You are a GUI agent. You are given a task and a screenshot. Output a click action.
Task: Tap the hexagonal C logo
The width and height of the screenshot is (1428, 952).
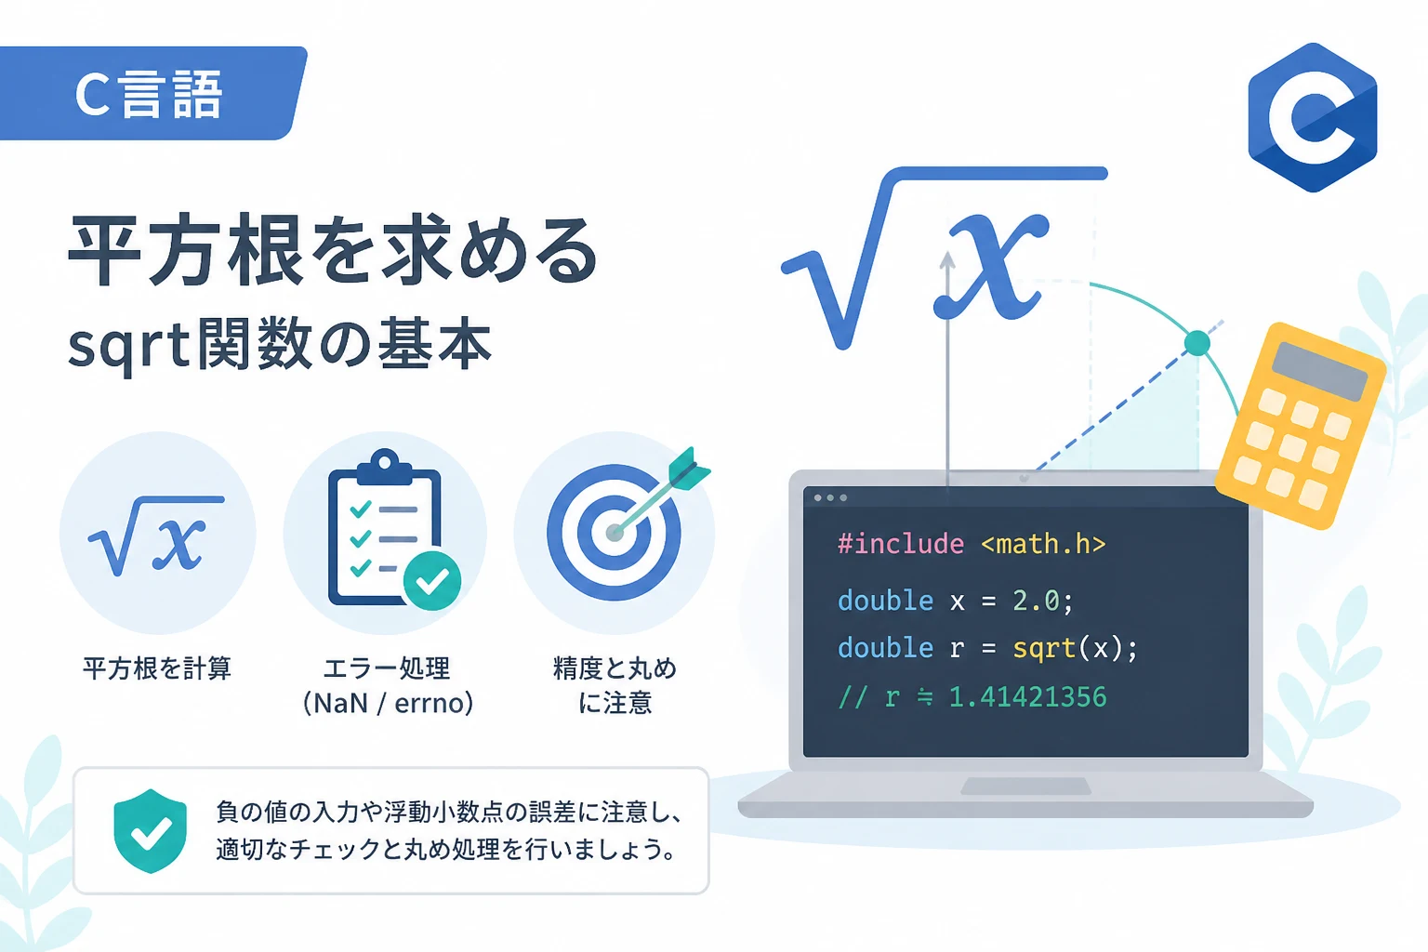coord(1312,117)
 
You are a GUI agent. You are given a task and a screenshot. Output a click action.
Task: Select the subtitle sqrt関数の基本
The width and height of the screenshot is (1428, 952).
coord(280,344)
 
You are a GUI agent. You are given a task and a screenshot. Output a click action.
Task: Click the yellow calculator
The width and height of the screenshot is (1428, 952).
coord(1301,426)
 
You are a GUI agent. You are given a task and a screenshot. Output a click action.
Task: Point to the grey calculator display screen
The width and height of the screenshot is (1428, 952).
coord(1319,371)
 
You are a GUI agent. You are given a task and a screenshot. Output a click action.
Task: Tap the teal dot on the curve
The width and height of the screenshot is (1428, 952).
coord(1197,343)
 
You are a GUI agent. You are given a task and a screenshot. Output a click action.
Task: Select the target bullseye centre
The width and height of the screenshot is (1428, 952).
coord(614,533)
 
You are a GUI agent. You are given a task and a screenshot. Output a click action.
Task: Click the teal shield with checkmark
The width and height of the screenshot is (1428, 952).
coord(151,831)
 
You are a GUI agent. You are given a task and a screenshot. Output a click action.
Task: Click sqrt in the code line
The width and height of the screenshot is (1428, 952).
coord(1044,649)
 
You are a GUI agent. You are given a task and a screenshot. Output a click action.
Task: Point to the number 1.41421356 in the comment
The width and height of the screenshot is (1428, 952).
coord(1027,697)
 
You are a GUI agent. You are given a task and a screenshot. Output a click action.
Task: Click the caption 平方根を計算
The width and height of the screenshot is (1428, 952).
coord(157,668)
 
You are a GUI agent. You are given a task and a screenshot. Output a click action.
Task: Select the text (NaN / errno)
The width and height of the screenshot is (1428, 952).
coord(389,704)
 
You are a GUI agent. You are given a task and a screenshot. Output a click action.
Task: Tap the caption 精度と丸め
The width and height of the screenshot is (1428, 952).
coord(615,668)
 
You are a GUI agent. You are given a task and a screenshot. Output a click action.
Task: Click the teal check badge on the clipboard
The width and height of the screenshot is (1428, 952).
coord(432,581)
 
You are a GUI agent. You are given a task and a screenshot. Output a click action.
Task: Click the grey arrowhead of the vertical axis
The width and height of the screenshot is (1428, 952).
coord(947,260)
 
